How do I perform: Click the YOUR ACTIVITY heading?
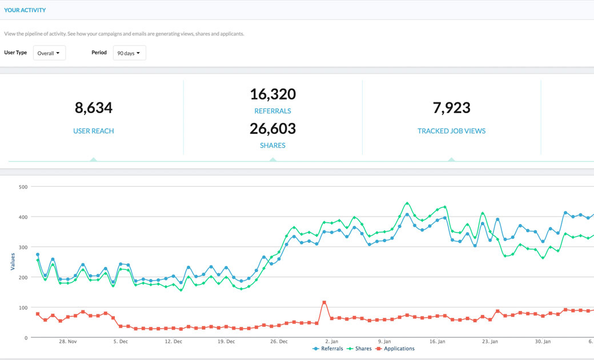pyautogui.click(x=25, y=10)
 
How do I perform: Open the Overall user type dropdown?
pyautogui.click(x=49, y=53)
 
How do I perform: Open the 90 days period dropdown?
pyautogui.click(x=129, y=53)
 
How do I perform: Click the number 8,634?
pyautogui.click(x=94, y=107)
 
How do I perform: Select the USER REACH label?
pyautogui.click(x=94, y=131)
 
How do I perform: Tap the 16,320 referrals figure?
pyautogui.click(x=273, y=94)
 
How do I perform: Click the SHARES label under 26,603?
pyautogui.click(x=273, y=145)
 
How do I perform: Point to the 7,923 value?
pyautogui.click(x=451, y=107)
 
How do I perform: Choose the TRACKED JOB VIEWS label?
pyautogui.click(x=451, y=131)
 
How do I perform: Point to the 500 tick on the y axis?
pyautogui.click(x=23, y=187)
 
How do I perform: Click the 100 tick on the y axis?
pyautogui.click(x=23, y=307)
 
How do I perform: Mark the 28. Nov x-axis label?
pyautogui.click(x=68, y=341)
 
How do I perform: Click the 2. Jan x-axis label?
pyautogui.click(x=331, y=341)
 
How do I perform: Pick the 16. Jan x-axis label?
pyautogui.click(x=437, y=341)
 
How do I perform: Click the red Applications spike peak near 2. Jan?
pyautogui.click(x=324, y=302)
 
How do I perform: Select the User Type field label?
pyautogui.click(x=15, y=53)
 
